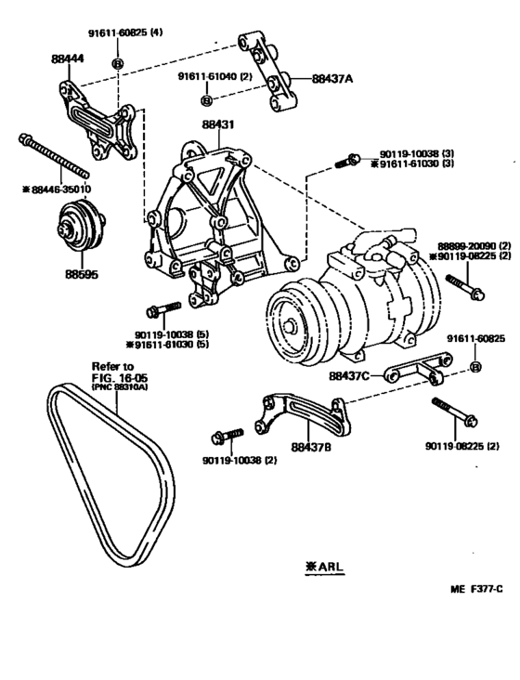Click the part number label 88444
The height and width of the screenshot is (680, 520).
(67, 59)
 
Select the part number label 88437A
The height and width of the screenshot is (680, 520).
(332, 80)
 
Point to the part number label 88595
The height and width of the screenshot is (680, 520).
(81, 274)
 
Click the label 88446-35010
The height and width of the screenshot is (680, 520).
(58, 190)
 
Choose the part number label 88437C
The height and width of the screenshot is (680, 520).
(349, 376)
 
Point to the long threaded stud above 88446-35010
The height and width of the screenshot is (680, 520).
(53, 157)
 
